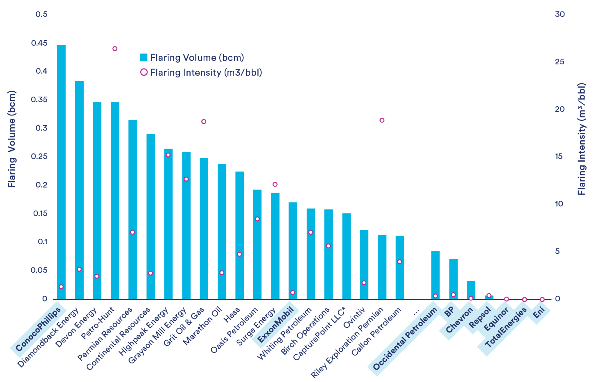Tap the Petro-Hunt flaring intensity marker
115,49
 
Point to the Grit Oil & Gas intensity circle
204,122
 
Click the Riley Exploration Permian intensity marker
382,120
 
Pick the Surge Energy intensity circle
275,184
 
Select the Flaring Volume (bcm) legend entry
192,57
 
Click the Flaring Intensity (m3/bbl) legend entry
201,72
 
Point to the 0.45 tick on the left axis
39,43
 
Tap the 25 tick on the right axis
560,61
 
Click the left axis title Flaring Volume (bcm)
12,139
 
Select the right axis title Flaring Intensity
581,139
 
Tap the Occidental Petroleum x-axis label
405,338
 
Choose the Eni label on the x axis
539,312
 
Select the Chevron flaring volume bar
471,290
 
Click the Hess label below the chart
232,315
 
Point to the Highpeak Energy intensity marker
168,155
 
